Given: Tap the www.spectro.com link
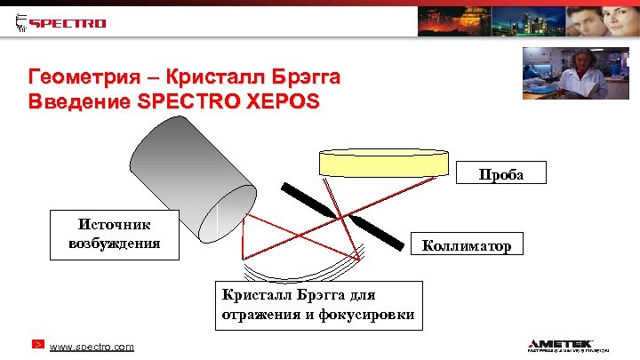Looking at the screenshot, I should click(92, 346).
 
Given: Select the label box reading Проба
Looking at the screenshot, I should click(501, 173).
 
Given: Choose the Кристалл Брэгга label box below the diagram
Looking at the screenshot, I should click(318, 305).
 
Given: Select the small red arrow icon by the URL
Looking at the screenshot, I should click(36, 345).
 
